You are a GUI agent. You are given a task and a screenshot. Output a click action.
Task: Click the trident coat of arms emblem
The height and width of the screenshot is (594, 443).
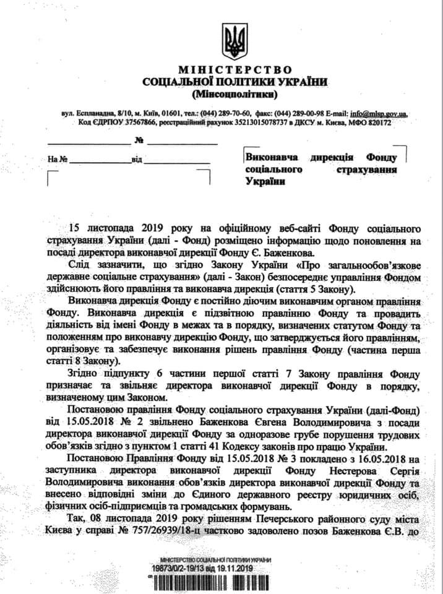[x=234, y=41]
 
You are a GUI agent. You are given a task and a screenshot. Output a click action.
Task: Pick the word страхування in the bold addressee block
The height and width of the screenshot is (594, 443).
[x=366, y=169]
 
